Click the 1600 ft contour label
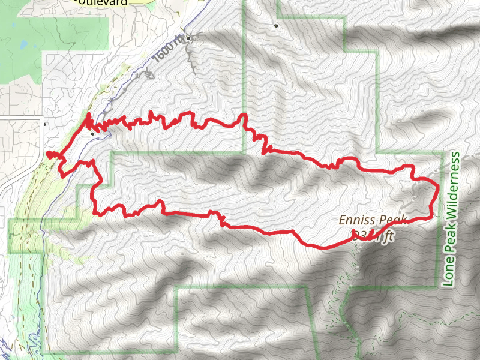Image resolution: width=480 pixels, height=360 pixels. [x=168, y=50]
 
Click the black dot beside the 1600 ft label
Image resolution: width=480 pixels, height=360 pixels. [x=188, y=39]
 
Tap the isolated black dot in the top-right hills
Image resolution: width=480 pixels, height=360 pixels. [x=276, y=26]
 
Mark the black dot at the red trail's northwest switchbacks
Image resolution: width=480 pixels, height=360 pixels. [x=92, y=134]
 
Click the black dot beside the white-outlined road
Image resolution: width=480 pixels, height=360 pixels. [x=46, y=125]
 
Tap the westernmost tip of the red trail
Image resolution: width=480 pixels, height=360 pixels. [x=47, y=154]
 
